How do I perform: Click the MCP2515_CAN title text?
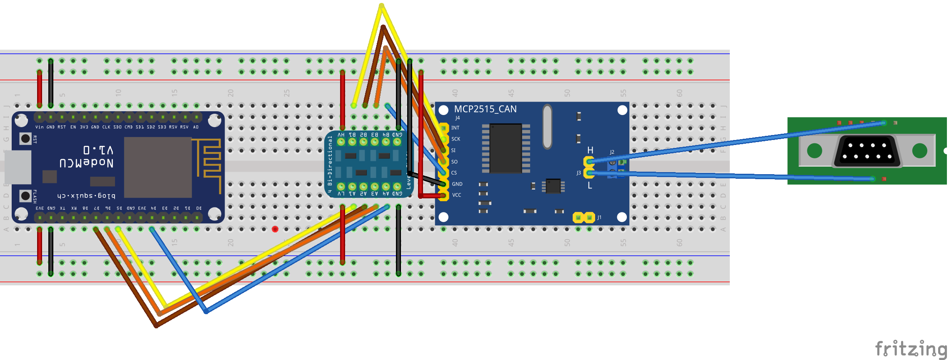click(485, 109)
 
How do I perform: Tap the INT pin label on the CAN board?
click(455, 128)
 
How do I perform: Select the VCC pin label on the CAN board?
click(456, 195)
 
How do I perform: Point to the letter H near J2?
click(590, 150)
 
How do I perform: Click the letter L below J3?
click(590, 186)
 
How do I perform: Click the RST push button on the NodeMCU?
click(25, 138)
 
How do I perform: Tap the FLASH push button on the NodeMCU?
click(25, 195)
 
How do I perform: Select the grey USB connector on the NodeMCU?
click(18, 167)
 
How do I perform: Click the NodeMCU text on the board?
click(86, 163)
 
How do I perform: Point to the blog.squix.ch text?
click(86, 195)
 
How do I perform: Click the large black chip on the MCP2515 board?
click(506, 148)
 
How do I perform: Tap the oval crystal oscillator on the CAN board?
click(547, 127)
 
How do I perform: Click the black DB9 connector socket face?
click(866, 151)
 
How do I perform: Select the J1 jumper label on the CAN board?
click(599, 217)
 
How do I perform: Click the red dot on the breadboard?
click(275, 229)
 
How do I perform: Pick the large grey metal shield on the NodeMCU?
click(158, 167)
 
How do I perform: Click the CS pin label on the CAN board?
click(454, 173)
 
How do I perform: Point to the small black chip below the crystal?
click(553, 186)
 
